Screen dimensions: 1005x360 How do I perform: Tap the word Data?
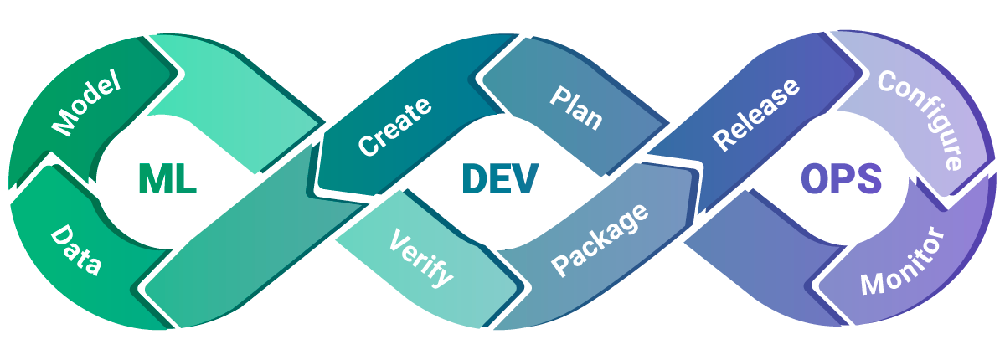(75, 250)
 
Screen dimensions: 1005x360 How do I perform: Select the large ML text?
(167, 178)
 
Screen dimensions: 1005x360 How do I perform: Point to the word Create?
(394, 126)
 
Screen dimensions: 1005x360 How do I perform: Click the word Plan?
(576, 108)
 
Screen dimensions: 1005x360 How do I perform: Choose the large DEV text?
(500, 178)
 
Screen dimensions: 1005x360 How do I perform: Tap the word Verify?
(420, 258)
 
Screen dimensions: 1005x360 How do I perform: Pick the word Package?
(600, 239)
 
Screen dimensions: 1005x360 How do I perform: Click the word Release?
(756, 115)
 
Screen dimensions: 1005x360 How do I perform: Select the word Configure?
(920, 121)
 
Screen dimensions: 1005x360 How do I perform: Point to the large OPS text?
(841, 178)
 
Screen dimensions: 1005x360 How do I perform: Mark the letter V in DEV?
(524, 178)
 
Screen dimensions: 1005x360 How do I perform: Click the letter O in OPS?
(814, 178)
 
